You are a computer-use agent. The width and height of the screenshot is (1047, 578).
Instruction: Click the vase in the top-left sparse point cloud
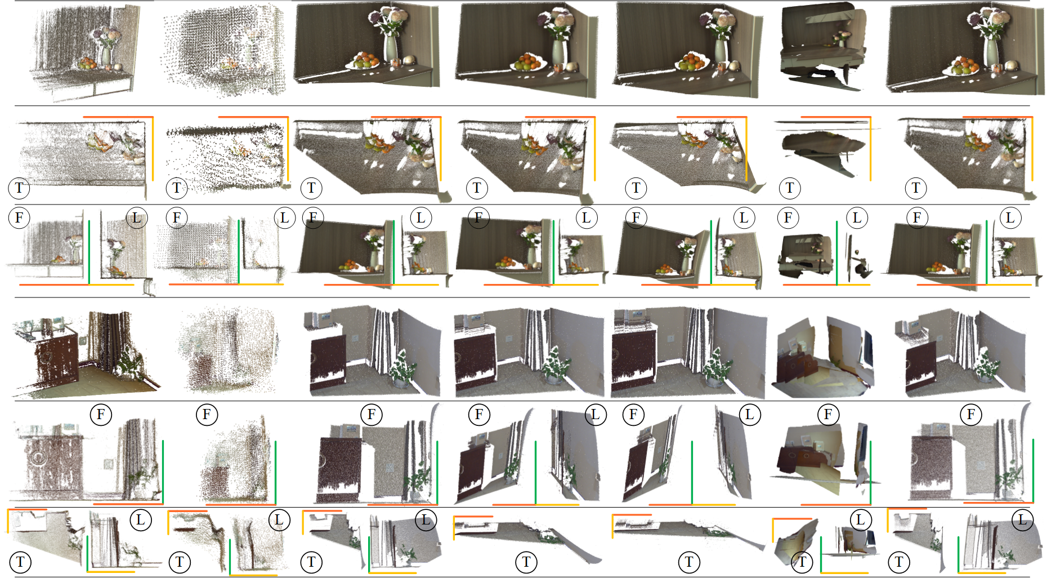(106, 55)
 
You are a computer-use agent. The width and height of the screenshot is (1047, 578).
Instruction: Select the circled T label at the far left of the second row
(19, 188)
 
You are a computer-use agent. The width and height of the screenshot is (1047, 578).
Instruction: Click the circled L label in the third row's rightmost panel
(1010, 217)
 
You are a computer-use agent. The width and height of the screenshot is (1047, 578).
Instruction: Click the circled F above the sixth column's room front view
(828, 415)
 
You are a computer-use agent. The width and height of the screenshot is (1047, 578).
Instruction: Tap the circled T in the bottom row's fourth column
(526, 562)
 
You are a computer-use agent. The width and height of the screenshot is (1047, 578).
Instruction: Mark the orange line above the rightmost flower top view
(997, 117)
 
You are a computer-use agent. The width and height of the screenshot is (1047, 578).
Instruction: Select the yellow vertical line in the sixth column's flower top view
(870, 149)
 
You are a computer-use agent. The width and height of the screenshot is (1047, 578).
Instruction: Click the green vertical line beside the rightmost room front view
(1033, 470)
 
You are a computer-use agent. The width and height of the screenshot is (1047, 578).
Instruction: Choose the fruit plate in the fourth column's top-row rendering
(528, 63)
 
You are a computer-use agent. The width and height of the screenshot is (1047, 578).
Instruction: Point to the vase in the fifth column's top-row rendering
(721, 51)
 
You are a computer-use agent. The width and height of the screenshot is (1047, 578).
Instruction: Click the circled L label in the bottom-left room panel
(140, 519)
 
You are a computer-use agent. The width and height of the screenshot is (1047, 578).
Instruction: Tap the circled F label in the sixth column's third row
(788, 217)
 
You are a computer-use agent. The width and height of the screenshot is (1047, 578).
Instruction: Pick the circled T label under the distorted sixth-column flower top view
(790, 188)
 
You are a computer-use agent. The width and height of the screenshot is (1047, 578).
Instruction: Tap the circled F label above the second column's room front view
(207, 415)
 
